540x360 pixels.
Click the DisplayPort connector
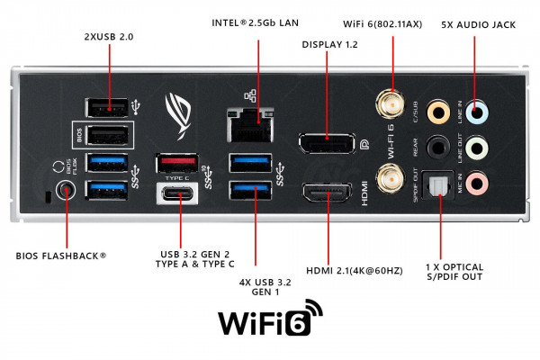[326, 144]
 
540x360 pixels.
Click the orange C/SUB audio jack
[438, 112]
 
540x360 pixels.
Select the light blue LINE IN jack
[480, 112]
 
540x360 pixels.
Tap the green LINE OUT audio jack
[480, 148]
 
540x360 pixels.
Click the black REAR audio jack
[438, 148]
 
